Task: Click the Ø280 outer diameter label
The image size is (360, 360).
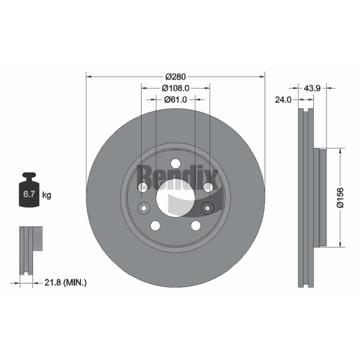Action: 175,76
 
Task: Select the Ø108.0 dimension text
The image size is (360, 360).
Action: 175,88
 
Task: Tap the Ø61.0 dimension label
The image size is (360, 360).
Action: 175,99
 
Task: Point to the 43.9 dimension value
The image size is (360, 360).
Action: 312,88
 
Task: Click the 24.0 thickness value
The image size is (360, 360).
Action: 283,99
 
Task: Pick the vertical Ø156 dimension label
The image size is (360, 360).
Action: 340,198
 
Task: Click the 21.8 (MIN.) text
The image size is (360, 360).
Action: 65,283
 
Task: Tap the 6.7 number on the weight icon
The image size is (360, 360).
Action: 29,194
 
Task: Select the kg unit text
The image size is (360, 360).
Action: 47,195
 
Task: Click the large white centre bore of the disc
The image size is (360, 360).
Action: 175,198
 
